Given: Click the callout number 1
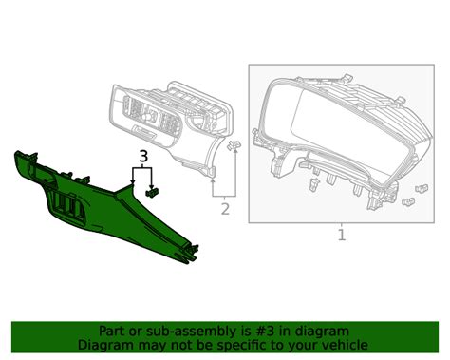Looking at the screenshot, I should click(x=343, y=234).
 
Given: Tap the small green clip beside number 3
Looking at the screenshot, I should click(x=154, y=191).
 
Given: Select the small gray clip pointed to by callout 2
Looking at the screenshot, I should click(x=235, y=144).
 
